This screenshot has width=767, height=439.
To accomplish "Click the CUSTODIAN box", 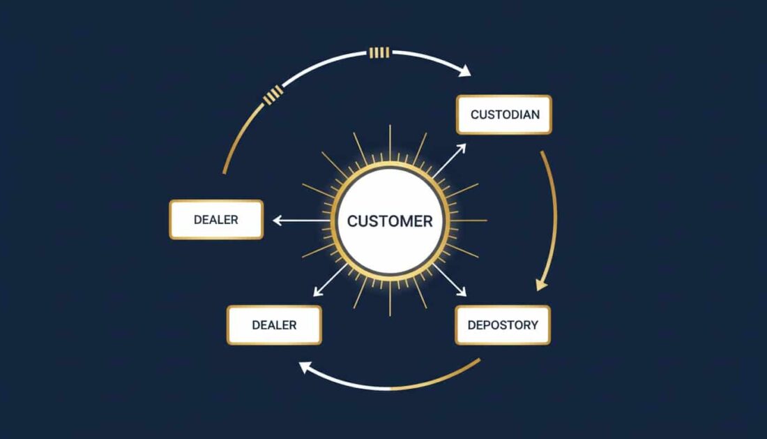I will tap(503, 114).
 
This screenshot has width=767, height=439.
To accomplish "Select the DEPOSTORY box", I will tap(503, 325).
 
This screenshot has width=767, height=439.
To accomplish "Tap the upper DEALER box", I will tap(216, 220).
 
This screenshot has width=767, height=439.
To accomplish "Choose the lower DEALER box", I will tap(274, 325).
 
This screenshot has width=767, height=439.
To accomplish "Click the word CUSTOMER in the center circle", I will tap(390, 221).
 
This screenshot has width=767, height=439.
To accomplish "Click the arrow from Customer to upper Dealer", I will tap(300, 221).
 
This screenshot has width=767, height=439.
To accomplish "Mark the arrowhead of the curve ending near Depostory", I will tap(541, 284).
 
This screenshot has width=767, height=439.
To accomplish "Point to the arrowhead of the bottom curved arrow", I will tap(305, 366).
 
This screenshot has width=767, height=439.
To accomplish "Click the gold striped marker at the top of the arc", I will tap(379, 52).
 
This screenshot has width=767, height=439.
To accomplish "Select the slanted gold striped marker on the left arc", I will tap(273, 94).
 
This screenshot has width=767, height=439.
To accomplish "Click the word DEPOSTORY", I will tap(503, 325).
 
